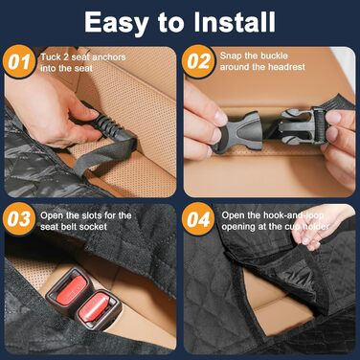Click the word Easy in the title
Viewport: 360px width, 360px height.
tap(117, 23)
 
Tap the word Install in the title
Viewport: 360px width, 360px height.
tap(235, 22)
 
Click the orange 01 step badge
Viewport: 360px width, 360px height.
tap(19, 62)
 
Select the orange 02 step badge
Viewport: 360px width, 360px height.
tap(198, 61)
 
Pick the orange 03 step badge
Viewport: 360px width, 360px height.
tap(19, 219)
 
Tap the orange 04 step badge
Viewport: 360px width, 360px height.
tap(198, 219)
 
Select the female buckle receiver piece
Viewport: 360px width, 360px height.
tap(236, 130)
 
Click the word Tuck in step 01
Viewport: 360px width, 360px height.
tap(51, 57)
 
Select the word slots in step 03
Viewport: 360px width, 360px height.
tap(90, 215)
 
